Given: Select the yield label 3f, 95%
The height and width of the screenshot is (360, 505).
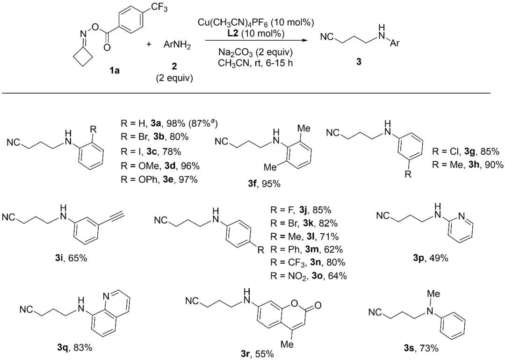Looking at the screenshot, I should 264,184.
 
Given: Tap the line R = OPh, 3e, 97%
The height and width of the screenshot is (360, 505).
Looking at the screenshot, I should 159,180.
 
